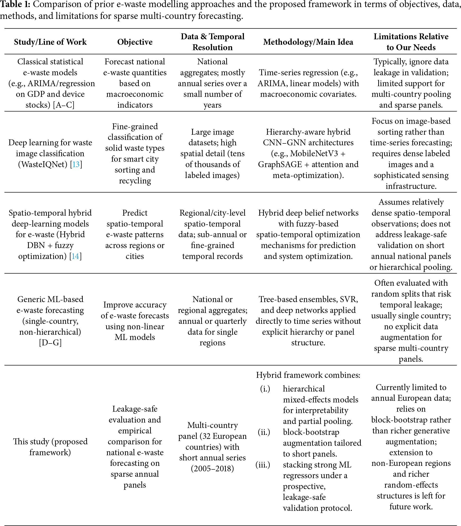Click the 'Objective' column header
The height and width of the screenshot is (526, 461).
click(x=135, y=42)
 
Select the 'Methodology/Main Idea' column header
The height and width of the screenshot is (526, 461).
click(x=308, y=42)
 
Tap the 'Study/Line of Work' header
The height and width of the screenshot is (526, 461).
click(x=50, y=42)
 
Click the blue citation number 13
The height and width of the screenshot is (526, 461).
click(x=76, y=164)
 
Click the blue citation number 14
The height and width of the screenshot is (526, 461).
click(x=75, y=256)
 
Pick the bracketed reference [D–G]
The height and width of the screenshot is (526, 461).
click(x=50, y=343)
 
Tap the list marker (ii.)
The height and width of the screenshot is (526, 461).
click(x=264, y=432)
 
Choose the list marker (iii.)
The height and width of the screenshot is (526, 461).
click(x=263, y=465)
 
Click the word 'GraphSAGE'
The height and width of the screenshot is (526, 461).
click(x=280, y=164)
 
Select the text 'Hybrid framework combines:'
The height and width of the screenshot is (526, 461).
click(x=308, y=375)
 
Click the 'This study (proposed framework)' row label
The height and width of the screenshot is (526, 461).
click(x=50, y=447)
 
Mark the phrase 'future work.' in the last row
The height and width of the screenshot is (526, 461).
click(x=411, y=506)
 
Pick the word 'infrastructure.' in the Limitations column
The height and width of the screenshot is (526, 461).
click(x=411, y=186)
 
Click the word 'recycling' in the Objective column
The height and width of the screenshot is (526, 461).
click(x=135, y=181)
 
